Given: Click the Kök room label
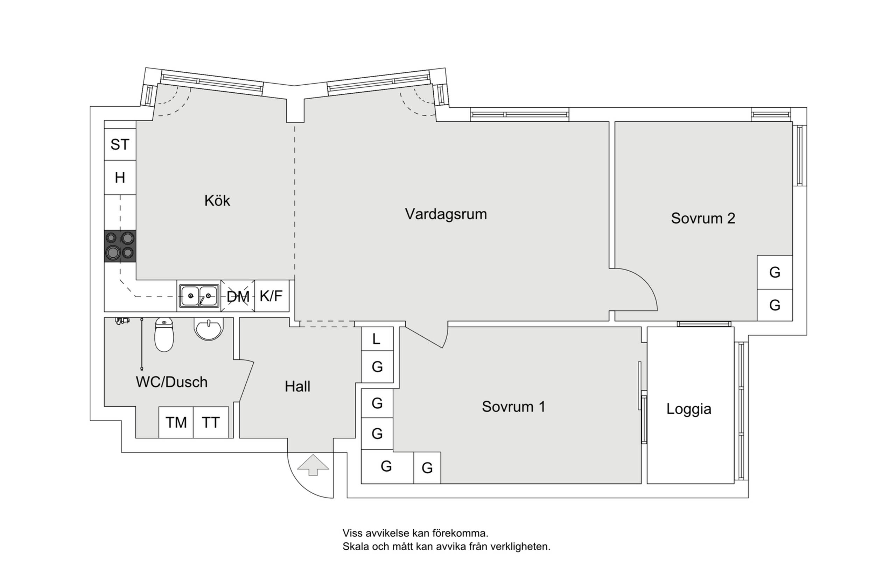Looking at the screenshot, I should [x=217, y=201].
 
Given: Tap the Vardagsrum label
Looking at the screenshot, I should [x=446, y=214].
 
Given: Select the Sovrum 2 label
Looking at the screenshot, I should [x=703, y=219].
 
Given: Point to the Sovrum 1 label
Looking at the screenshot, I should [x=513, y=407].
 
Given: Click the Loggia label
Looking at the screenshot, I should [x=689, y=409].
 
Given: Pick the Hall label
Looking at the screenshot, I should [x=297, y=387].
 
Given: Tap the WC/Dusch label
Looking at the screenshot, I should [x=171, y=382].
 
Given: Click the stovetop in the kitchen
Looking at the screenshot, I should [x=120, y=246].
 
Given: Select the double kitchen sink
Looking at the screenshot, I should [x=199, y=296].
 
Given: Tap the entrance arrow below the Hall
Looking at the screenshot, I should [x=313, y=465].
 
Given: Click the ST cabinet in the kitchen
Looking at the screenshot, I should [x=120, y=145].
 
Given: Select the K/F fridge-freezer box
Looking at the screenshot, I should [x=271, y=296].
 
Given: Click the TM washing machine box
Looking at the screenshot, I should [x=176, y=423].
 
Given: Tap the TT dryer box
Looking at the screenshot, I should [x=211, y=423].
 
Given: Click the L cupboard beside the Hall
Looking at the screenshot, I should [x=377, y=339].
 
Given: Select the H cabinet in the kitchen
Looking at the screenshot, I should [x=120, y=178].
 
